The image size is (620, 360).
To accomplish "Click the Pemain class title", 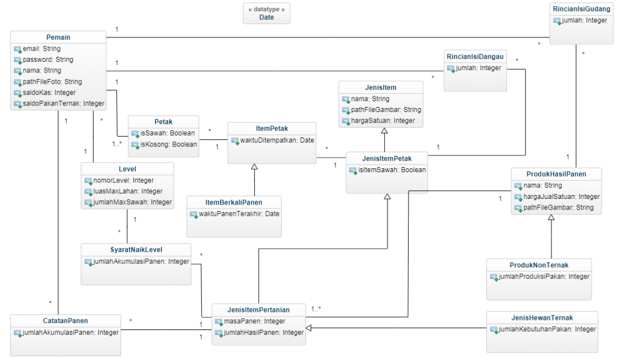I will tap(59, 37).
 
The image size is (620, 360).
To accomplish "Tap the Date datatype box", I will tap(267, 13).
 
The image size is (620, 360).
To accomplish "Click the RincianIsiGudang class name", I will tap(582, 9).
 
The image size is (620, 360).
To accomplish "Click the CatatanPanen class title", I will tap(65, 321).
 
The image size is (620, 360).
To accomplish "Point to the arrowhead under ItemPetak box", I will tap(254, 167).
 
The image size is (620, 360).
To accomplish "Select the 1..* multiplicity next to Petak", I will tap(117, 144).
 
